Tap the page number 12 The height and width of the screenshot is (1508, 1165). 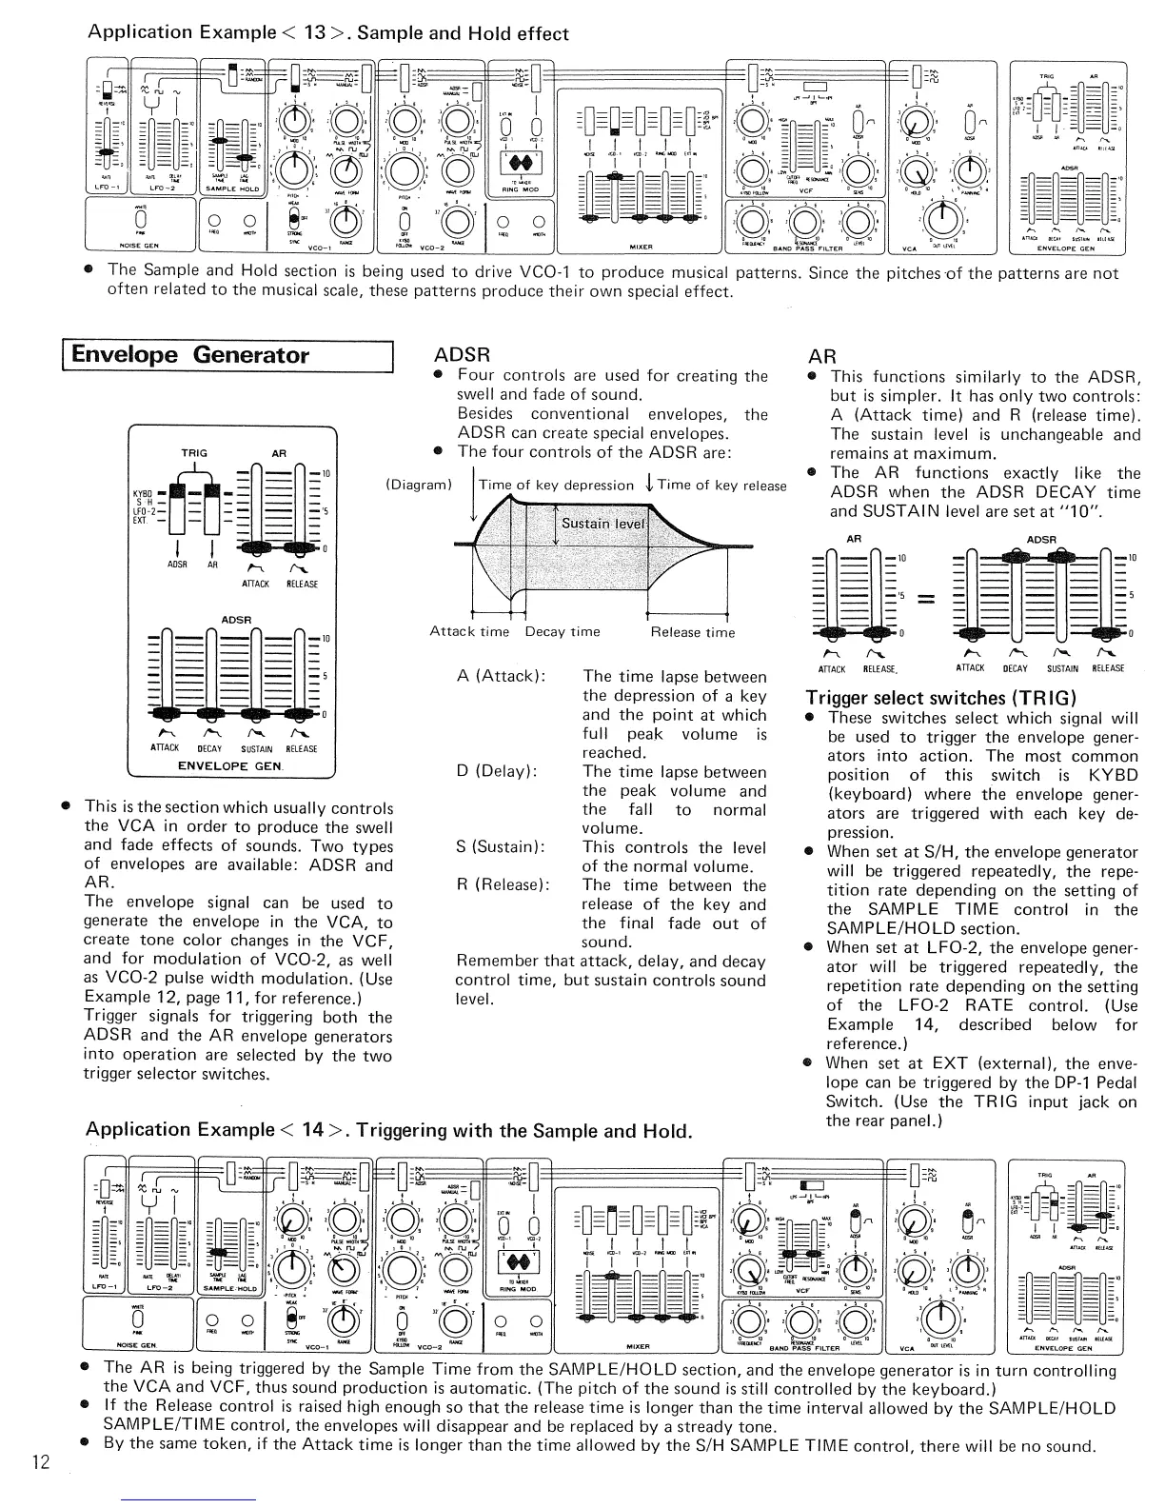coord(41,1462)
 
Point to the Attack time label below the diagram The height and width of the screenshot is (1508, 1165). coord(469,632)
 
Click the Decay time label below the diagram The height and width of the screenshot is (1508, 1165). coord(563,632)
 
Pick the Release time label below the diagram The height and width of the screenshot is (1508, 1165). coord(693,632)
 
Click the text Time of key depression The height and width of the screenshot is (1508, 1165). coord(556,486)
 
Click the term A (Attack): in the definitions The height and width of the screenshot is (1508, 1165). coord(501,677)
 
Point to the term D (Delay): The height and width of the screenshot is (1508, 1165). coord(497,772)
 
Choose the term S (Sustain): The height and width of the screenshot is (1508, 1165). coord(501,847)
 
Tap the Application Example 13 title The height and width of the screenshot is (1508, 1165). coord(327,33)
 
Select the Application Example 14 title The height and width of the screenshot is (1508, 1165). coord(388,1131)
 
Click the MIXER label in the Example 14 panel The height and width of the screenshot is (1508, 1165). coord(638,1346)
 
